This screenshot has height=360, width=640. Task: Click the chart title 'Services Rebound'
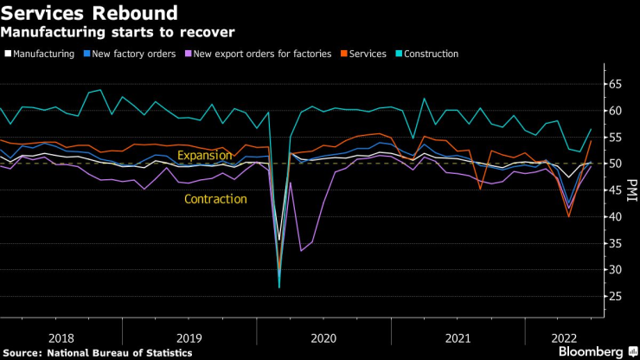90,14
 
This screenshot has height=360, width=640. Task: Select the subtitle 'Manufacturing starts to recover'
118,33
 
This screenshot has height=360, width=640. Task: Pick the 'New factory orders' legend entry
132,54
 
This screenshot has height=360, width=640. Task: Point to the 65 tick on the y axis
614,85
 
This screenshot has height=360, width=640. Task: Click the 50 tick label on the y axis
614,164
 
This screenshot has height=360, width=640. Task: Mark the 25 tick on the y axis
614,297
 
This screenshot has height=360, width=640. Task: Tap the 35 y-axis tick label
614,243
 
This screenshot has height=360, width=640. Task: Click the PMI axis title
632,190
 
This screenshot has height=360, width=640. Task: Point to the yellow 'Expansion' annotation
204,156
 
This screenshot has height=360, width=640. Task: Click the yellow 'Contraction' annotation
215,199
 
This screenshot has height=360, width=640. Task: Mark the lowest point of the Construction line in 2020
279,287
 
